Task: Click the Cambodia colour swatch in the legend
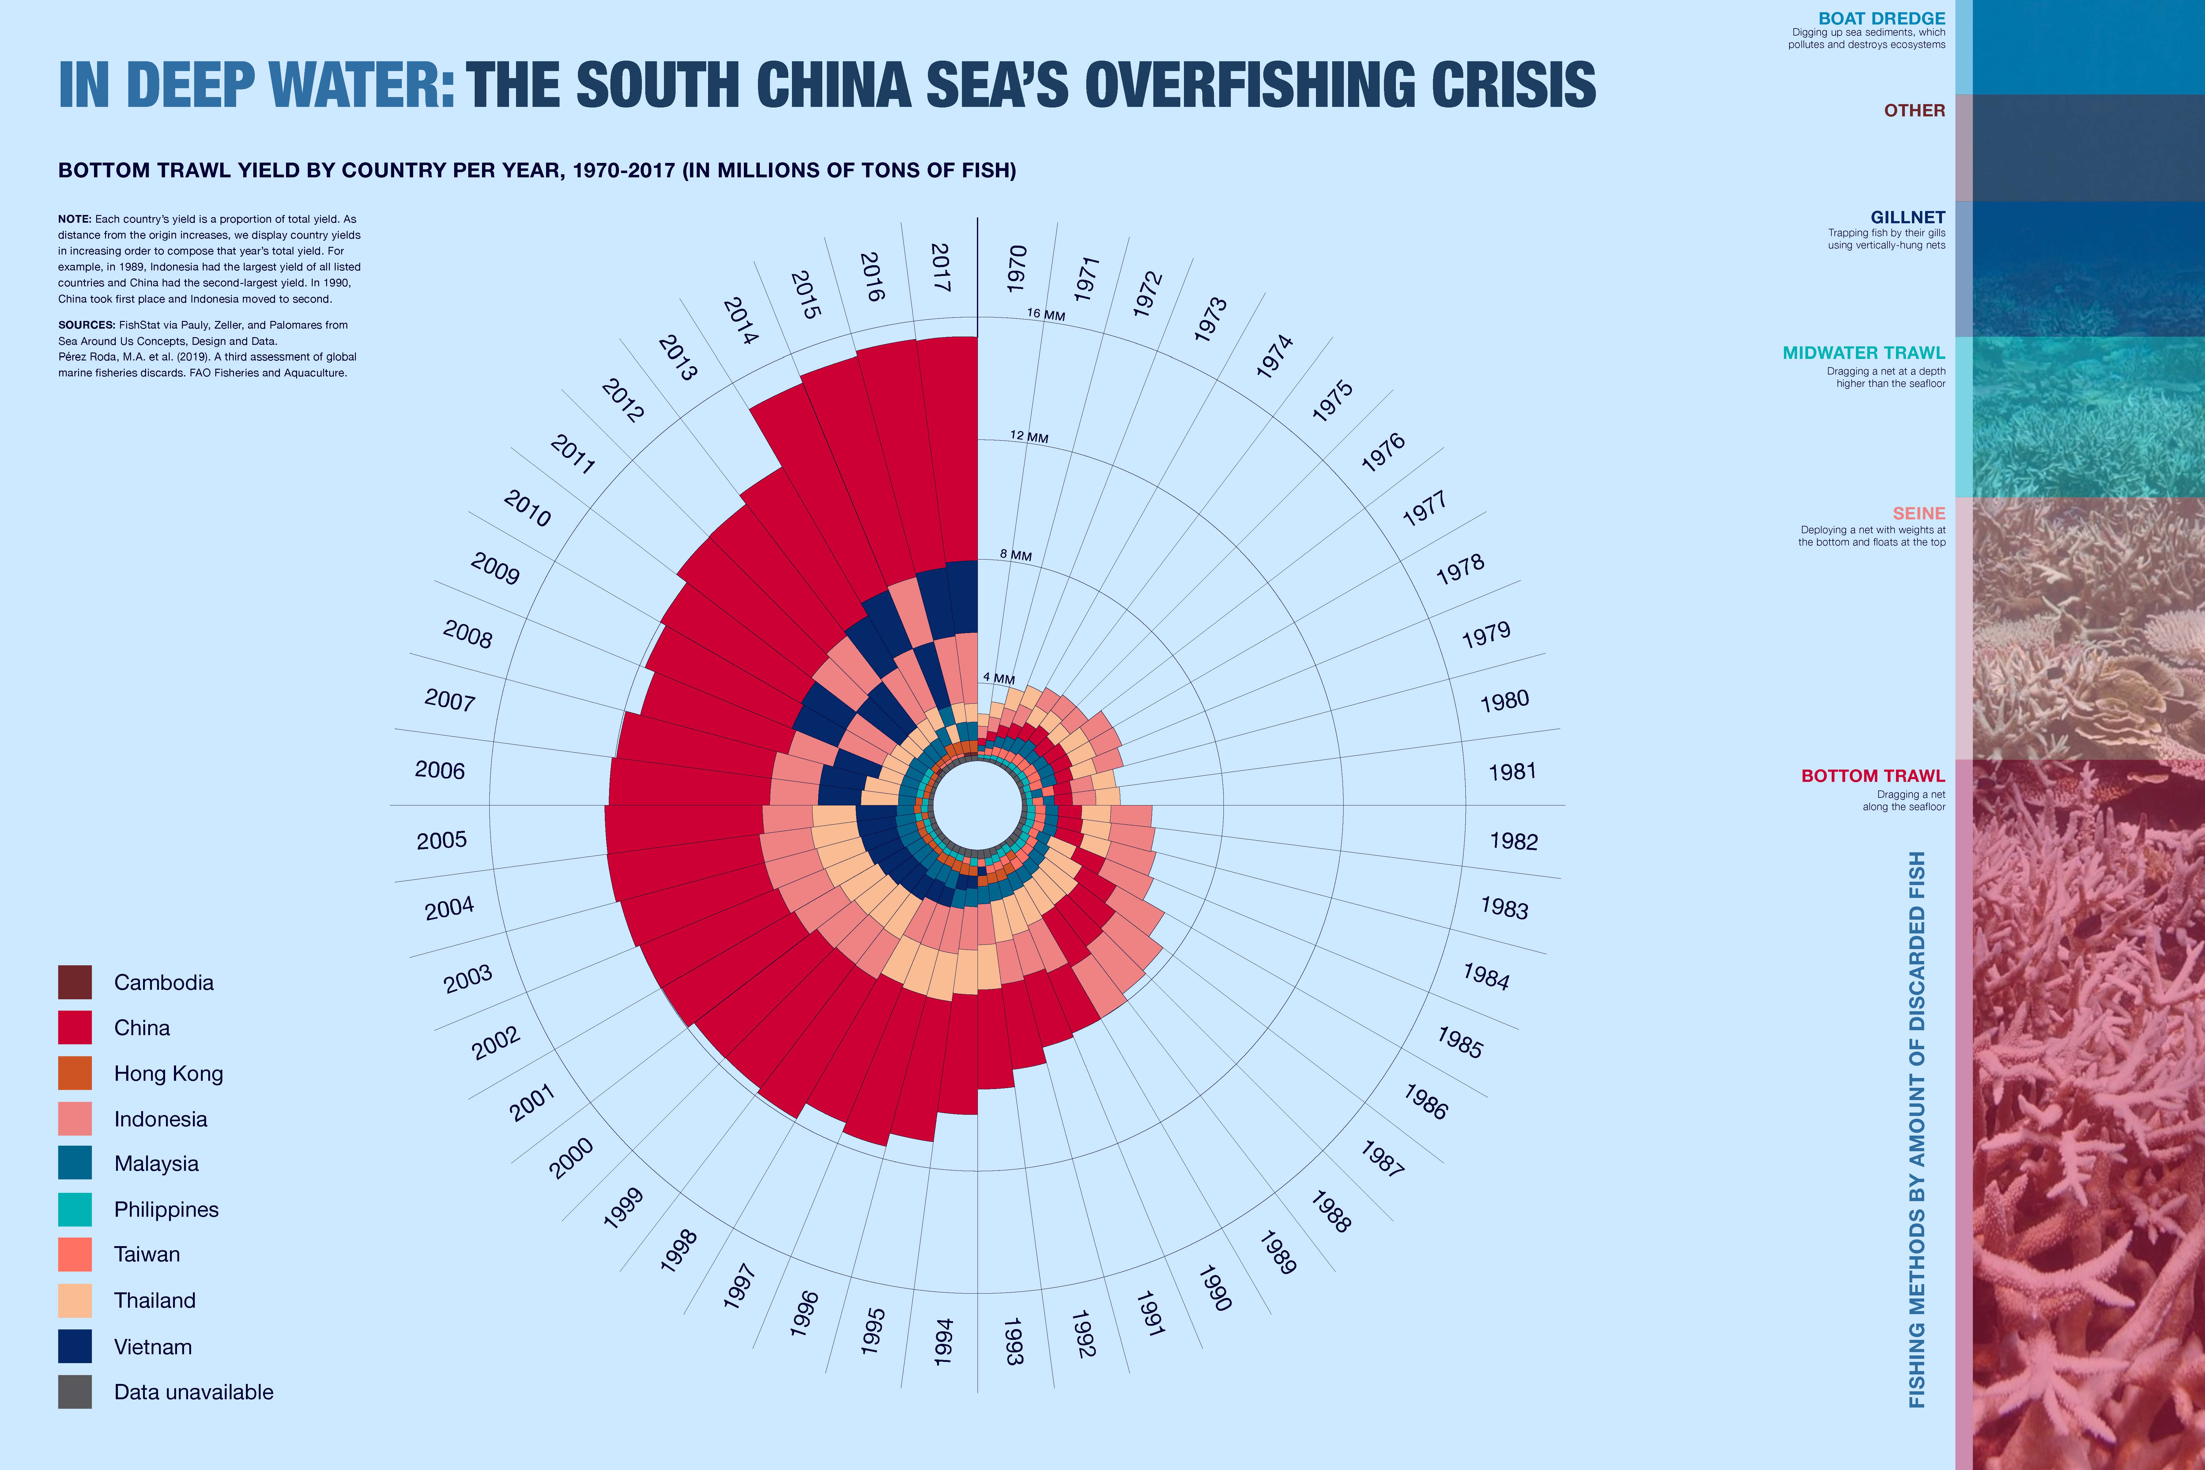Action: (75, 982)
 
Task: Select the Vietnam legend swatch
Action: (75, 1346)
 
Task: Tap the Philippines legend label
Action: (166, 1209)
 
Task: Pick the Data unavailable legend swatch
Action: (75, 1391)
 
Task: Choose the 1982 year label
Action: (1513, 841)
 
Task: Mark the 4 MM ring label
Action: (998, 678)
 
